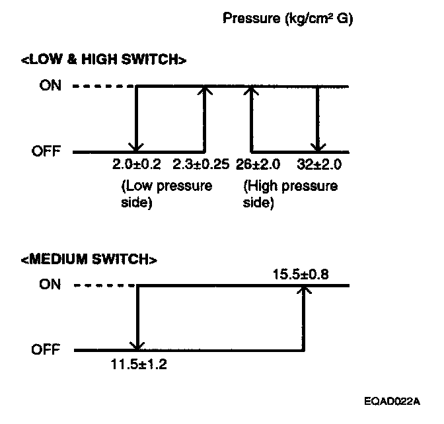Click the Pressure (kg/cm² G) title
(x=289, y=19)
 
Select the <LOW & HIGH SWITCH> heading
(x=103, y=60)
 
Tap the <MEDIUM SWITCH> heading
(x=89, y=259)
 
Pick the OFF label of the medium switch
(x=46, y=349)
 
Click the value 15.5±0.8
(x=302, y=272)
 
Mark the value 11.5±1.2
(x=139, y=363)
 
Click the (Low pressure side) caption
(x=166, y=194)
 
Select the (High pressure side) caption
(x=290, y=194)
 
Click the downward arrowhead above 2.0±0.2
(x=136, y=147)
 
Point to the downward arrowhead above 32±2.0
(x=318, y=147)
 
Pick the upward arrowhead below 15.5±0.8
(x=303, y=291)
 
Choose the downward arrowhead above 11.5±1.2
(x=137, y=345)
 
